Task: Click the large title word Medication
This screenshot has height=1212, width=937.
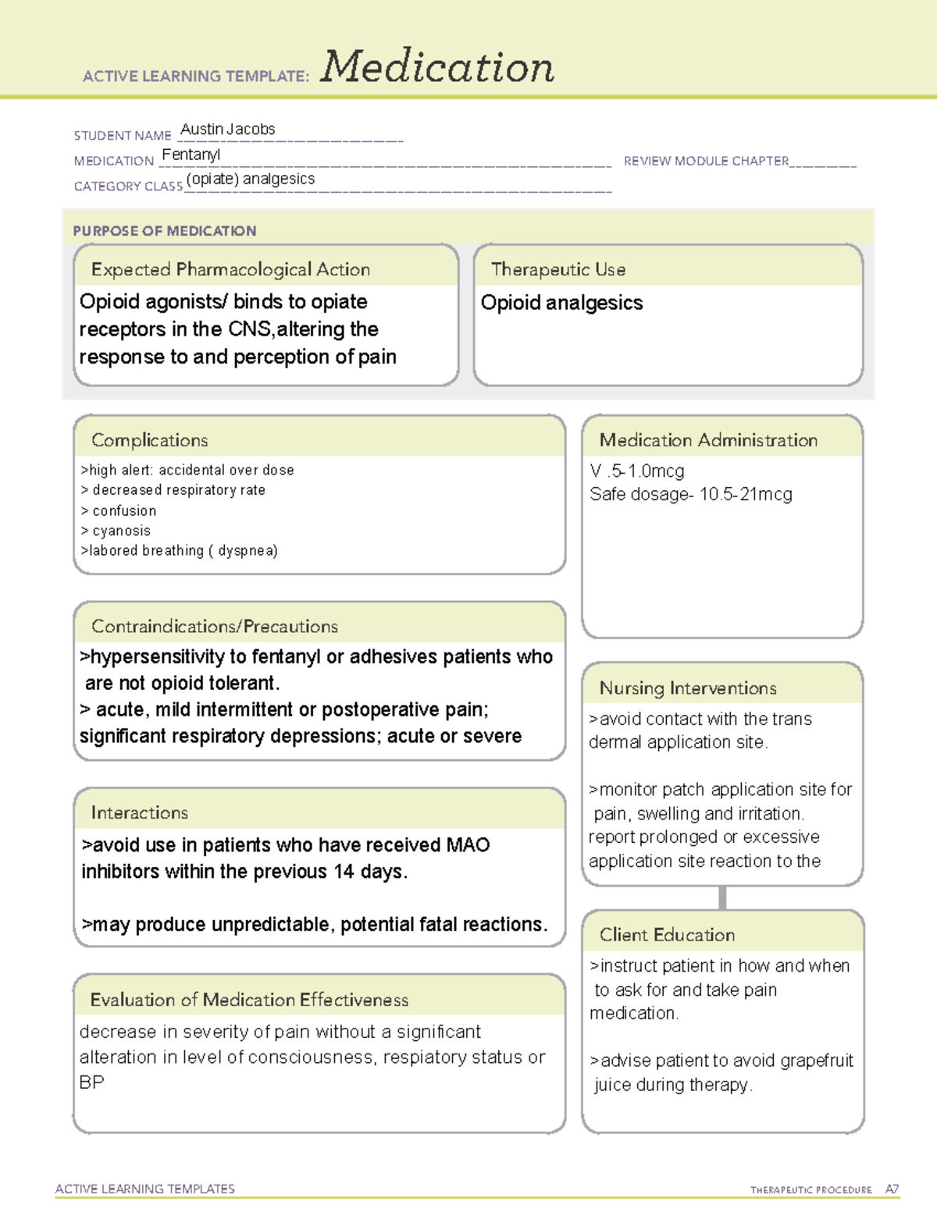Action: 436,67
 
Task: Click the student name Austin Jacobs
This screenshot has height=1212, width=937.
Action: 227,130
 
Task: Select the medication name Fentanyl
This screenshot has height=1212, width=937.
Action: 191,155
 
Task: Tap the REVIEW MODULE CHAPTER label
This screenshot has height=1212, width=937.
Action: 706,161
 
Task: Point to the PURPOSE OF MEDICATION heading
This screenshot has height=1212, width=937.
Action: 164,231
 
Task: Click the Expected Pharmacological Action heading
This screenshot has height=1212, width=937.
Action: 230,269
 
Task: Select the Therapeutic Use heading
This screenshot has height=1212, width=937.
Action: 558,269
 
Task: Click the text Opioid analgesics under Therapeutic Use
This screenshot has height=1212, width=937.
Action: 561,303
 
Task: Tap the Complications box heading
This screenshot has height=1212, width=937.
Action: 149,440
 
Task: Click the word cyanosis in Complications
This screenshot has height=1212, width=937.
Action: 121,531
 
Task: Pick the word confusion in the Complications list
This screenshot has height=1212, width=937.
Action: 124,510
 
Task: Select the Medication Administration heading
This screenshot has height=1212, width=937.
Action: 707,440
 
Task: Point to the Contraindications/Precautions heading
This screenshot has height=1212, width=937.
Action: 214,626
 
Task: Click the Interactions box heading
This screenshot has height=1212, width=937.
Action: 139,812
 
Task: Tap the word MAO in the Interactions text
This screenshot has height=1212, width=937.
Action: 468,845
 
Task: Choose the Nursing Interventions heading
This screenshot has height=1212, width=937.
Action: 687,688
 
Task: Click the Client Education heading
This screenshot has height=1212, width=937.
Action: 667,934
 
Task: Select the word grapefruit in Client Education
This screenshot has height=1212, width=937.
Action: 816,1061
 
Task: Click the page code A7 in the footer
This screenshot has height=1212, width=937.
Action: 891,1189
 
